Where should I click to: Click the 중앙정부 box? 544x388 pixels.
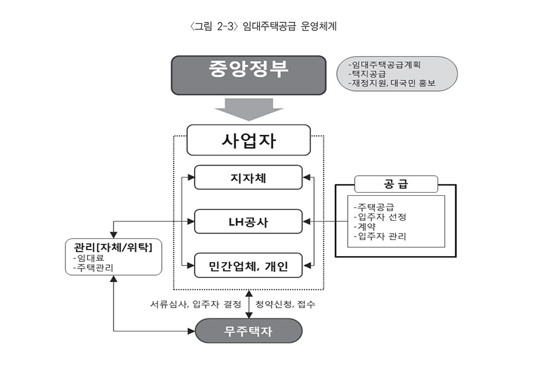pos(249,75)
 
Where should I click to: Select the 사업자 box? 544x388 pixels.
pos(248,140)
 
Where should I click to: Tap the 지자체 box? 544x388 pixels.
pos(248,177)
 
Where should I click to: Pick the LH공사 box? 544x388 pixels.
pos(248,221)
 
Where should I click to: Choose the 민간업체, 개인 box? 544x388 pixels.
pos(248,266)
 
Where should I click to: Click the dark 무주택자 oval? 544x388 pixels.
pos(248,331)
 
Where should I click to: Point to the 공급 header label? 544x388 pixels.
pos(396,184)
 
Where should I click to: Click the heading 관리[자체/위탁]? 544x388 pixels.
pos(113,247)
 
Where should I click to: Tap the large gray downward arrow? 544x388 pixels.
pos(249,109)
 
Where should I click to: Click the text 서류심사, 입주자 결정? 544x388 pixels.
pos(196,305)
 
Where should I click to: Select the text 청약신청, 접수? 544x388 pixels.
pos(285,305)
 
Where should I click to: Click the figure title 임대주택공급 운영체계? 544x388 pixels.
pos(290,27)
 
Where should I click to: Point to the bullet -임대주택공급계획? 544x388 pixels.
pos(384,64)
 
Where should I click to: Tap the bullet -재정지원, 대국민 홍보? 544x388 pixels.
pos(391,83)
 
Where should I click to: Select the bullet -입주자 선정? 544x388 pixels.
pos(380,217)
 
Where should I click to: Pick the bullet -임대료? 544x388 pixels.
pos(89,258)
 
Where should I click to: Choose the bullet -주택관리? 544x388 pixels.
pos(93,267)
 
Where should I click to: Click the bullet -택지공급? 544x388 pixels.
pos(367,74)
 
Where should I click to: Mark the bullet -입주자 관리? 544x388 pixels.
pos(380,237)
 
